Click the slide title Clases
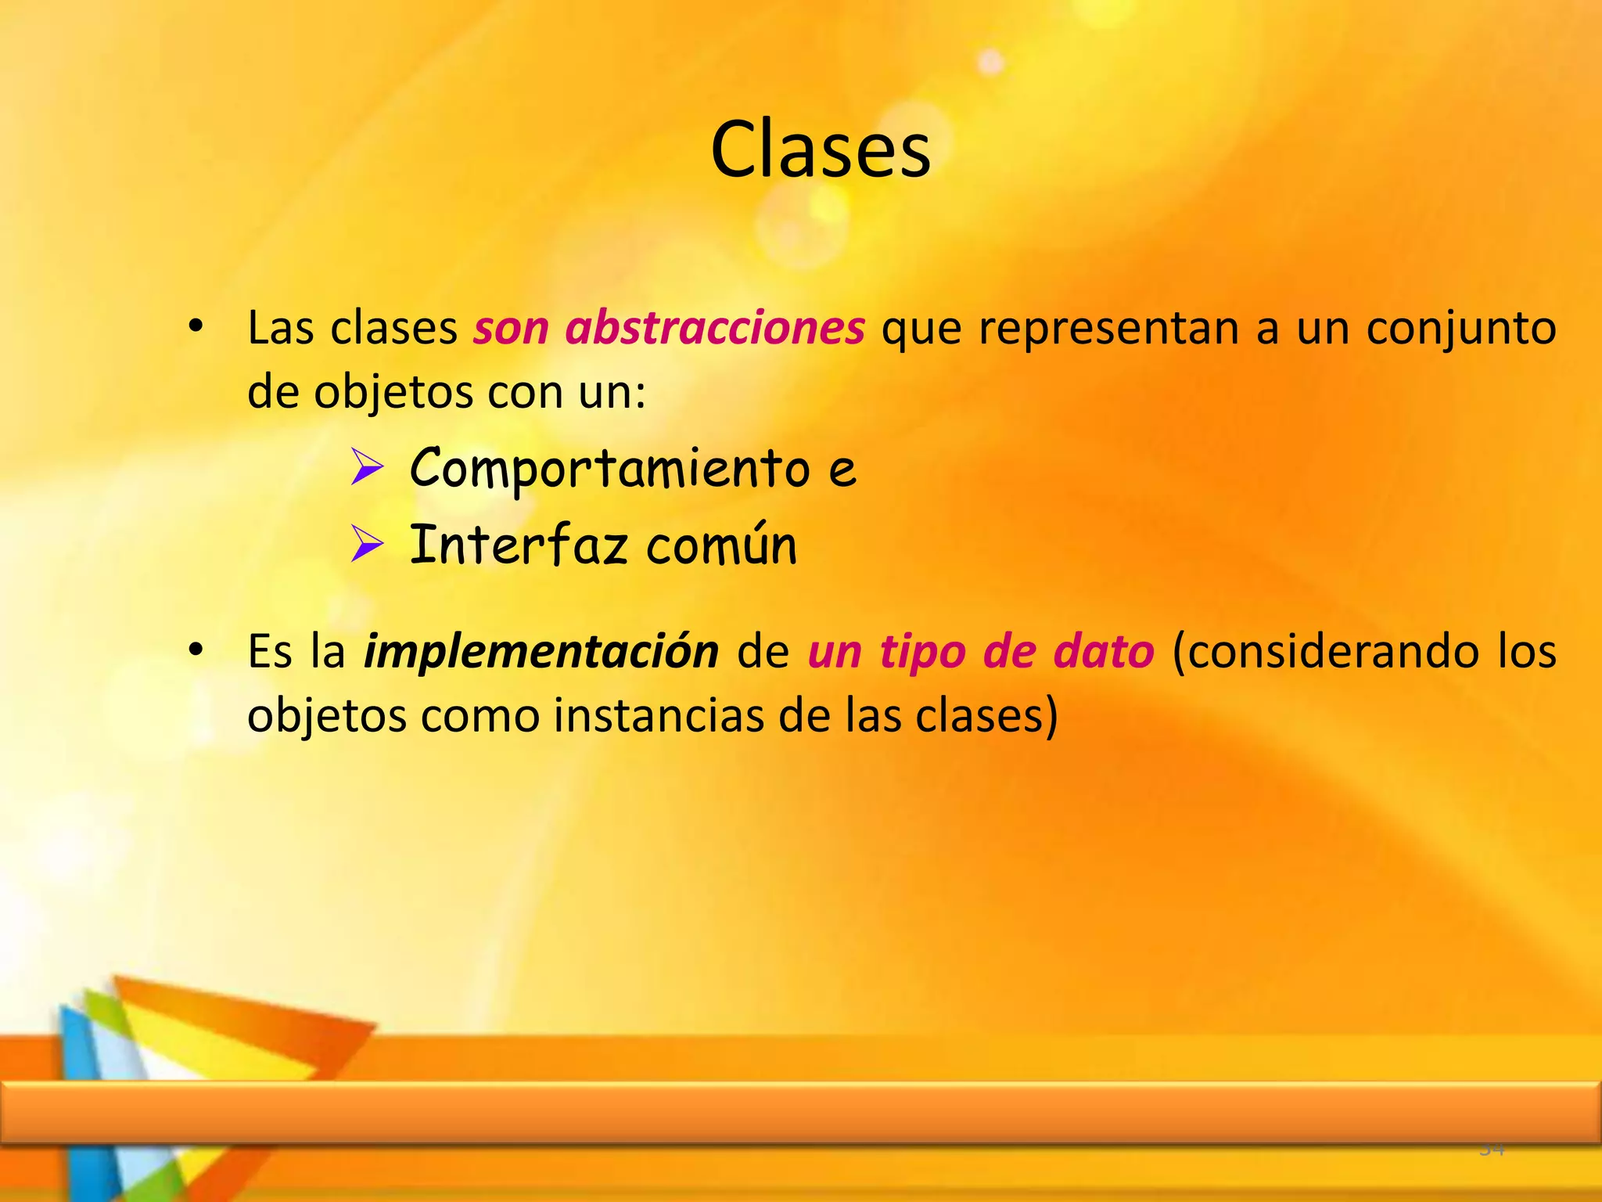[x=820, y=150]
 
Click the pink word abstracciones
[x=714, y=328]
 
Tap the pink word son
[x=511, y=328]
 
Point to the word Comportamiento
[x=609, y=468]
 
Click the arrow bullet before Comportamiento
[x=366, y=467]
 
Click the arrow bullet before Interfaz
[x=366, y=544]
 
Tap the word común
[x=721, y=545]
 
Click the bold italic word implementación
[x=541, y=652]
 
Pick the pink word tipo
[x=922, y=652]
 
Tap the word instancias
[x=659, y=716]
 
